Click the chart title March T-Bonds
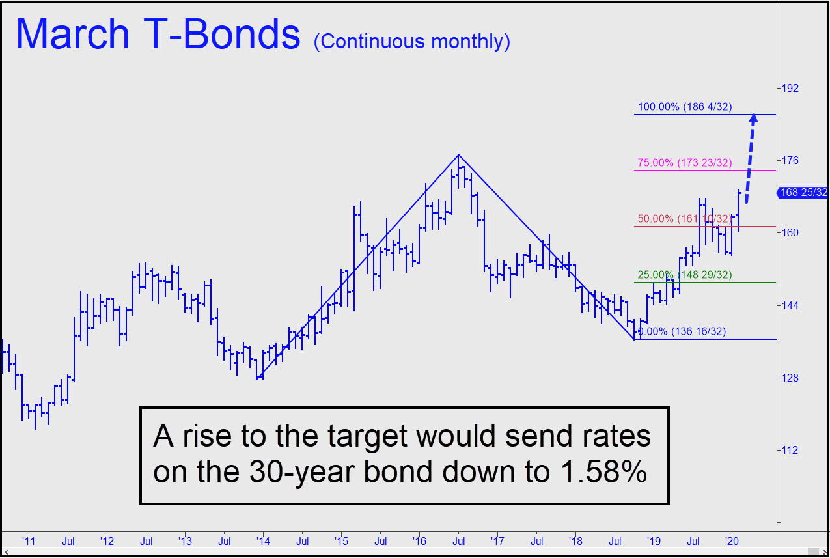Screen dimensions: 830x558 158,34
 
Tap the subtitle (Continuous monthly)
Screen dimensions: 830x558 411,42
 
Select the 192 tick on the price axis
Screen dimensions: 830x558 790,88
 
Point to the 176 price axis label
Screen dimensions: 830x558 790,160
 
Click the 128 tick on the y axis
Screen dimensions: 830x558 790,378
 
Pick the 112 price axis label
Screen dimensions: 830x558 790,450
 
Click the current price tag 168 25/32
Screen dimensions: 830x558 803,193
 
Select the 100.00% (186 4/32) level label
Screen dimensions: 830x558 685,107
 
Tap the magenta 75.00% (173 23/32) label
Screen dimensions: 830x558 685,163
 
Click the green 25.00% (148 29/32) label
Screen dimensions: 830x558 685,275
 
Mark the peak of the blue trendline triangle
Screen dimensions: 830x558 458,154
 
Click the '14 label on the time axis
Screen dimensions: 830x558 263,541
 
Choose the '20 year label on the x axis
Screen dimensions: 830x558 732,541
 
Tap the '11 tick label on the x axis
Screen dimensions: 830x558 29,541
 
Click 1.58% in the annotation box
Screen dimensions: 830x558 603,471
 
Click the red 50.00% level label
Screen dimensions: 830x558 685,219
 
